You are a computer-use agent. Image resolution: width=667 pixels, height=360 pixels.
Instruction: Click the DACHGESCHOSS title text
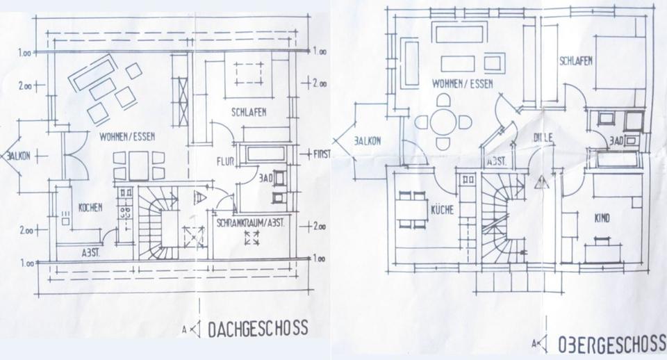(x=257, y=329)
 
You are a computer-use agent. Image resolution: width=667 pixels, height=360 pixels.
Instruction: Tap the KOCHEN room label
(x=90, y=207)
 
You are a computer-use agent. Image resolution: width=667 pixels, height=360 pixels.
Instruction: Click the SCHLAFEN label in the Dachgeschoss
(x=249, y=112)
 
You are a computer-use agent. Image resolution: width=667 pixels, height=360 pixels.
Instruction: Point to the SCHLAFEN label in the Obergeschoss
(x=575, y=61)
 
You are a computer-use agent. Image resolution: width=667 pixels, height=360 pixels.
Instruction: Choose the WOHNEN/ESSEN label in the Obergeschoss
(x=459, y=83)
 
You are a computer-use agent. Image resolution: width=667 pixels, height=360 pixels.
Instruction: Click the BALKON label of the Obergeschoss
(x=367, y=140)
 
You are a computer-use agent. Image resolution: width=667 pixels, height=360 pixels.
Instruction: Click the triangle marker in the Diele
(x=541, y=183)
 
